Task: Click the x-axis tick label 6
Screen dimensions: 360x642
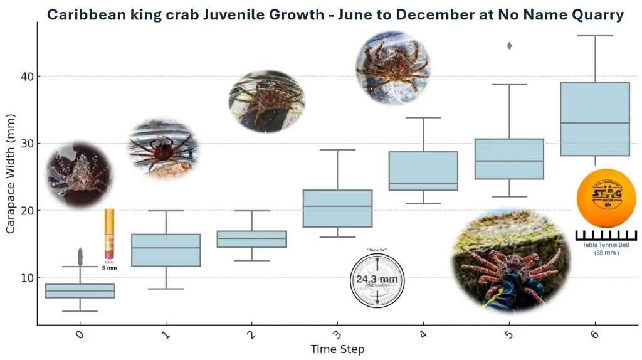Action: tap(594, 335)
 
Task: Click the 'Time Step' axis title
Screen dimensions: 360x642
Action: tap(337, 349)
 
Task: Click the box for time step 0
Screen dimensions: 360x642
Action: tap(80, 291)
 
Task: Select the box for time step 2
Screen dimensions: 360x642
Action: tap(251, 239)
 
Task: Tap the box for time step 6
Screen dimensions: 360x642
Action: tap(594, 119)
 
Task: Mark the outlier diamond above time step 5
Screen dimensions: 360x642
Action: tap(509, 46)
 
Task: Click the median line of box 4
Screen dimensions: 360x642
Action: tap(423, 184)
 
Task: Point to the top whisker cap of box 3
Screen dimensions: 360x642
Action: tap(337, 150)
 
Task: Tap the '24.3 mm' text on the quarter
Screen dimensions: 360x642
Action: tap(377, 279)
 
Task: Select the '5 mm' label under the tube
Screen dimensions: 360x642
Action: tap(109, 268)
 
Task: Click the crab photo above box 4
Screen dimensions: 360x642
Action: tap(393, 68)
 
